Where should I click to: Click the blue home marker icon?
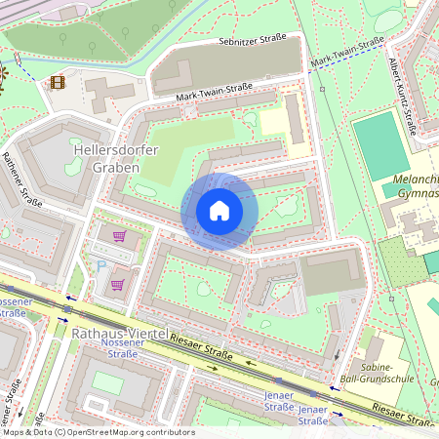[x=219, y=211]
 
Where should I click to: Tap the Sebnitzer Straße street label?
[x=253, y=41]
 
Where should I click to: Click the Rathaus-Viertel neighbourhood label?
[x=118, y=333]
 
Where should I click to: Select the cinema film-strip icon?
[x=58, y=83]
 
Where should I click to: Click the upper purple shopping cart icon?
[x=119, y=236]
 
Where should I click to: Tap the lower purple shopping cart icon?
[x=117, y=285]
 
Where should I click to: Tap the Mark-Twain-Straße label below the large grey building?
[x=216, y=94]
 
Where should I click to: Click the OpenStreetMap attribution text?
[x=98, y=431]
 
